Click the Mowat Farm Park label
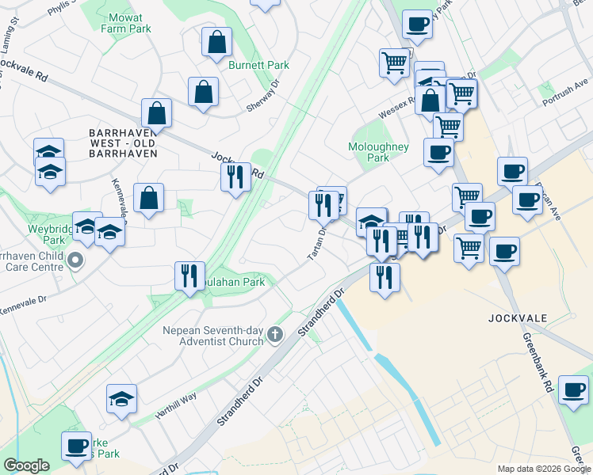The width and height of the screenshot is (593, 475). pyautogui.click(x=126, y=22)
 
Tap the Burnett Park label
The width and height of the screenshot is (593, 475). pyautogui.click(x=258, y=65)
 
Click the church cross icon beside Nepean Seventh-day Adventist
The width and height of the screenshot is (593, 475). pyautogui.click(x=274, y=335)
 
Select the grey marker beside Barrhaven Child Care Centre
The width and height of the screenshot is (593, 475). pyautogui.click(x=75, y=260)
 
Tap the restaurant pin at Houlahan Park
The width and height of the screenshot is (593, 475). pyautogui.click(x=189, y=276)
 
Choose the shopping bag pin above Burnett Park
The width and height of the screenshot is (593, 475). pyautogui.click(x=216, y=41)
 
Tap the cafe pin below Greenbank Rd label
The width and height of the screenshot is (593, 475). pyautogui.click(x=573, y=389)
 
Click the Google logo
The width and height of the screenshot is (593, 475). pyautogui.click(x=26, y=465)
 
